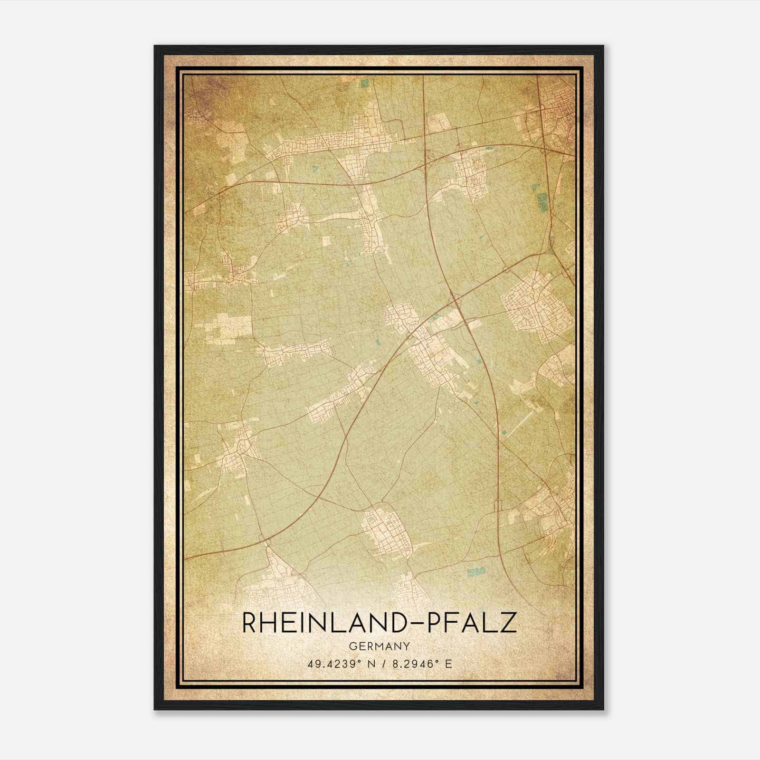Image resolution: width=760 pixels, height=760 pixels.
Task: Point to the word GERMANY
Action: coord(380,646)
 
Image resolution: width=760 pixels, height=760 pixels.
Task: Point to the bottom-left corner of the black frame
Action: coord(155,709)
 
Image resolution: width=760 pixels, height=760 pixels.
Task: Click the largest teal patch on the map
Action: coord(542,201)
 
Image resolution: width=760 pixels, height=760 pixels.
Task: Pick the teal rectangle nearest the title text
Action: coord(476,571)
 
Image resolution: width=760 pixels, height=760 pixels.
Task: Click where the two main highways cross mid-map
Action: coord(455,299)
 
